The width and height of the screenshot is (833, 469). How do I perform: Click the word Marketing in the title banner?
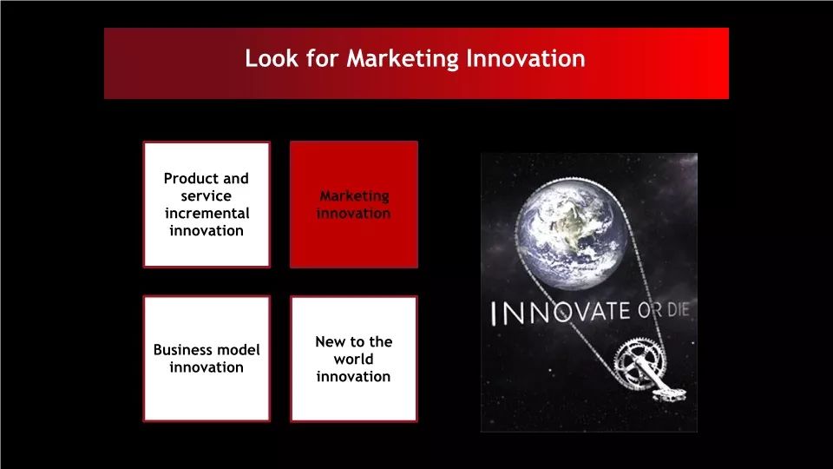point(402,59)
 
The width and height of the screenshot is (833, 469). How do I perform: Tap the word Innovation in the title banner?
point(526,58)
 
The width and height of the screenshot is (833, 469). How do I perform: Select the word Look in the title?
point(272,58)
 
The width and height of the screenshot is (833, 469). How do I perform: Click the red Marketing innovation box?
point(354,205)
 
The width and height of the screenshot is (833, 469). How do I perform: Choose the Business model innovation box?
point(207,359)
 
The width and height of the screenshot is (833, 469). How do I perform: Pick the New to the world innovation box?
point(354,359)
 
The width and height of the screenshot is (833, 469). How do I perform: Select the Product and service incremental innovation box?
point(207,204)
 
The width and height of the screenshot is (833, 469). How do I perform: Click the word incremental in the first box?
point(207,214)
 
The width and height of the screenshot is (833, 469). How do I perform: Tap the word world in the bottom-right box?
point(354,359)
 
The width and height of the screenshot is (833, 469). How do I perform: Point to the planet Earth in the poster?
point(572,235)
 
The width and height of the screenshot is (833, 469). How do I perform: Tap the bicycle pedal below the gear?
point(669,394)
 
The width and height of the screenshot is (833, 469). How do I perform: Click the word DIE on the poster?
point(678,310)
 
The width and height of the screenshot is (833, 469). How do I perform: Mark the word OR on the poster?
point(649,311)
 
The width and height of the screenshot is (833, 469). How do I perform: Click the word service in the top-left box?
point(207,196)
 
